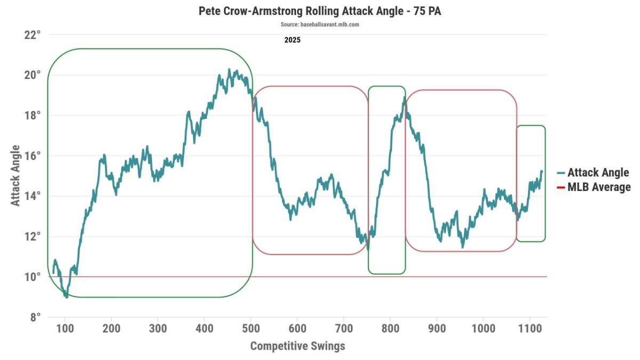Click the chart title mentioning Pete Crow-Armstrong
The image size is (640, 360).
point(319,11)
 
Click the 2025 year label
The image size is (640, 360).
point(292,40)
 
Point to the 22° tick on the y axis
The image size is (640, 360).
point(32,35)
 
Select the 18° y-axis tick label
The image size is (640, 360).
point(32,116)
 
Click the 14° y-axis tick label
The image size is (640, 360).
point(32,196)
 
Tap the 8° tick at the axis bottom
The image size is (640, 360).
point(35,317)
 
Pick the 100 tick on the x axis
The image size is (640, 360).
point(65,328)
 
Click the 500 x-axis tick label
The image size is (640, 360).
point(251,328)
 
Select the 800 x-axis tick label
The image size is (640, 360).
point(390,328)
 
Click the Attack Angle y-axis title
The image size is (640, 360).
point(16,176)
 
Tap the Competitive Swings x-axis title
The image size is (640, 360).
point(298,346)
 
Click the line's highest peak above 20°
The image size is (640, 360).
point(229,70)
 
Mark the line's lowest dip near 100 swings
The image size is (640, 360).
point(66,297)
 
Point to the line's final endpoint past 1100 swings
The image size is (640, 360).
point(542,171)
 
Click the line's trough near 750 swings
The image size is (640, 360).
point(367,248)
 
